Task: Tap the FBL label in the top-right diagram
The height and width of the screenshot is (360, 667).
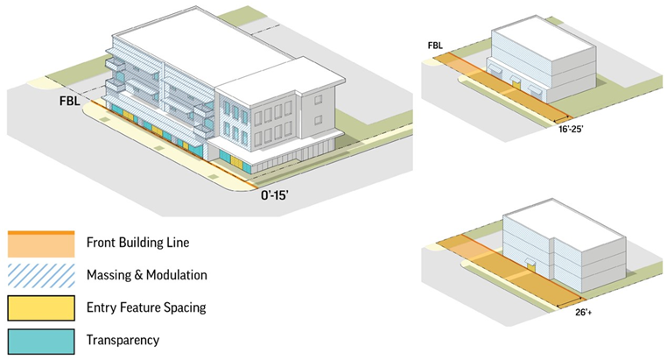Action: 435,45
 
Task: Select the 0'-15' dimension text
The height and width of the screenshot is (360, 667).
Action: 279,196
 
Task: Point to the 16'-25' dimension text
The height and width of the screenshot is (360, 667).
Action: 575,129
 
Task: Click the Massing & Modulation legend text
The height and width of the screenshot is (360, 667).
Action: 147,275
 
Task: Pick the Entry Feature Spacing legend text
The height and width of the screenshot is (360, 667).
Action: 144,307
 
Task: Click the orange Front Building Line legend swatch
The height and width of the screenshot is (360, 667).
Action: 41,243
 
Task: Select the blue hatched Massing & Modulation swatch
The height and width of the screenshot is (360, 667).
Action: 41,275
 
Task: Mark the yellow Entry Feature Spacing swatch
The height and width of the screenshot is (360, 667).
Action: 41,307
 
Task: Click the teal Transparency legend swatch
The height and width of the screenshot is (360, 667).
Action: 41,340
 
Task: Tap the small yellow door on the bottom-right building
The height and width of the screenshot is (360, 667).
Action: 530,264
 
